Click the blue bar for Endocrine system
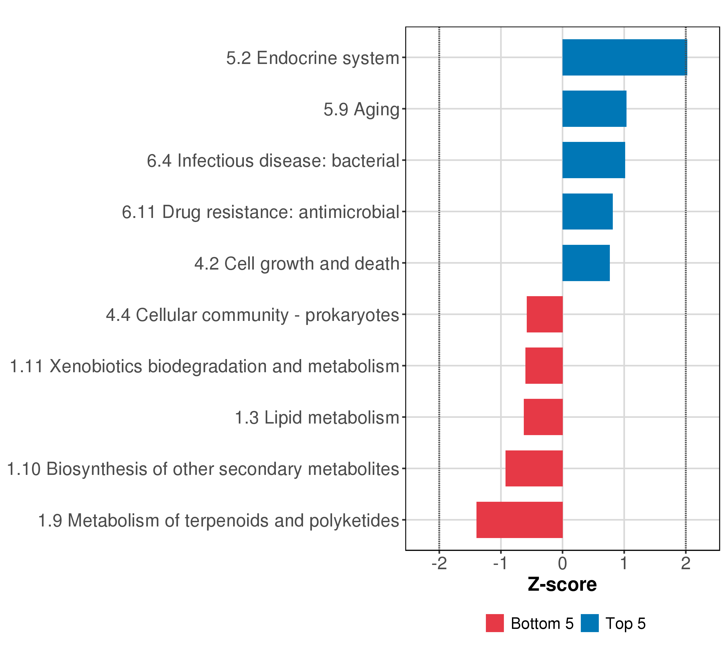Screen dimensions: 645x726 pos(624,57)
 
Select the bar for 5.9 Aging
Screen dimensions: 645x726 pos(594,109)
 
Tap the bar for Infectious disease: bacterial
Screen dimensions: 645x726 pos(593,160)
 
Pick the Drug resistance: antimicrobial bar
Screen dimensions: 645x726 pos(588,212)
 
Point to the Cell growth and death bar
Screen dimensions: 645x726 pos(586,263)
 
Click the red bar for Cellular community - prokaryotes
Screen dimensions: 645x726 pos(544,314)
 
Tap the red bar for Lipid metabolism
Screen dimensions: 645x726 pos(543,417)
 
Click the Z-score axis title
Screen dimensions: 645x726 pos(562,585)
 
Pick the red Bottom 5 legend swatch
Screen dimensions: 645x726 pos(495,623)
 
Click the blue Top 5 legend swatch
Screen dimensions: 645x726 pos(590,623)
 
